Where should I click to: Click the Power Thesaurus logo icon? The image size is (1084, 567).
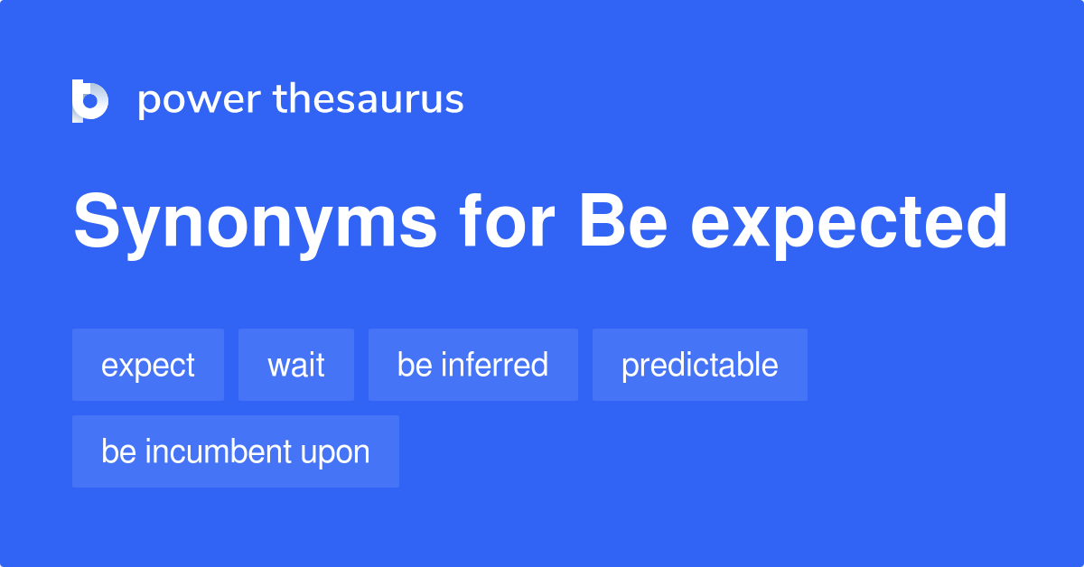coord(90,100)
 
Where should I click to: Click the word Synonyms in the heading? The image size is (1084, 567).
coord(253,222)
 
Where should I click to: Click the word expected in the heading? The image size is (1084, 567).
coord(849,224)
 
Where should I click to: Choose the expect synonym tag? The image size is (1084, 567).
coord(148,366)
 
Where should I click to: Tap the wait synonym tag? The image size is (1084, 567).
coord(296,366)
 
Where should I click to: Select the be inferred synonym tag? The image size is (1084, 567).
coord(472,366)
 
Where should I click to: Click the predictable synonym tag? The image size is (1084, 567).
coord(699,366)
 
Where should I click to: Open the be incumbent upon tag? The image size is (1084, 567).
coord(235,451)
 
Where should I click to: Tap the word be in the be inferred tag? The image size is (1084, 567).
coord(415,366)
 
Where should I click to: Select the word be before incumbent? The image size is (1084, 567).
coord(118,451)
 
